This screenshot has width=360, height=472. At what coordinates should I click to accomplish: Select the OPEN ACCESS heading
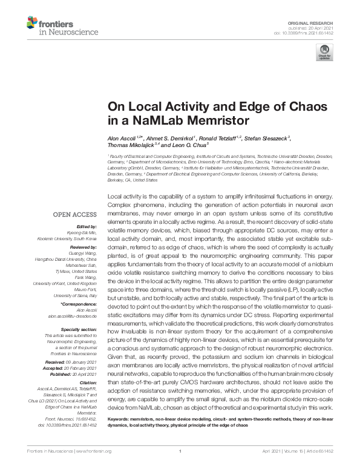tap(76, 214)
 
